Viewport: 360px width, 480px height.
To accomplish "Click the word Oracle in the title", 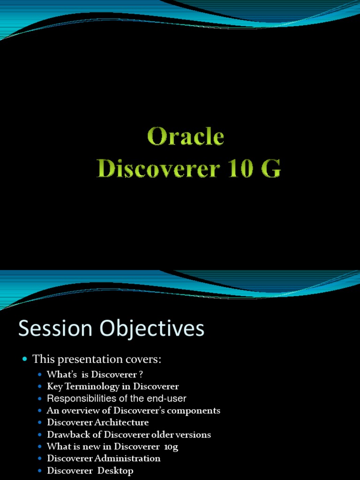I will click(x=186, y=137).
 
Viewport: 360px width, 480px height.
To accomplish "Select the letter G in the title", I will click(x=272, y=169).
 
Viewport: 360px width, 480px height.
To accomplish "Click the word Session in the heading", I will click(x=49, y=329).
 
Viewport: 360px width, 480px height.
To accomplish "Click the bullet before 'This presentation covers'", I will click(x=25, y=360).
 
